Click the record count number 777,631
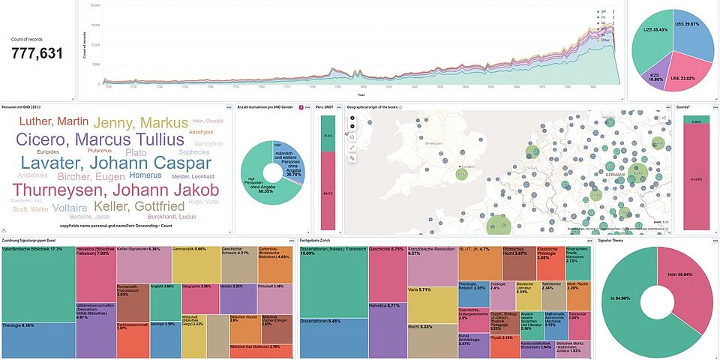pos(36,52)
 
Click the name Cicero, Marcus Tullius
pos(100,139)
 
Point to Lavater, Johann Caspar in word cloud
pos(115,162)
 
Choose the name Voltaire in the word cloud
pos(70,207)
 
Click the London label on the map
pos(471,166)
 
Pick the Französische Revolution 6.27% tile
pos(432,265)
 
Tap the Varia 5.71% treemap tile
pos(432,304)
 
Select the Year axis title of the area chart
pos(361,95)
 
